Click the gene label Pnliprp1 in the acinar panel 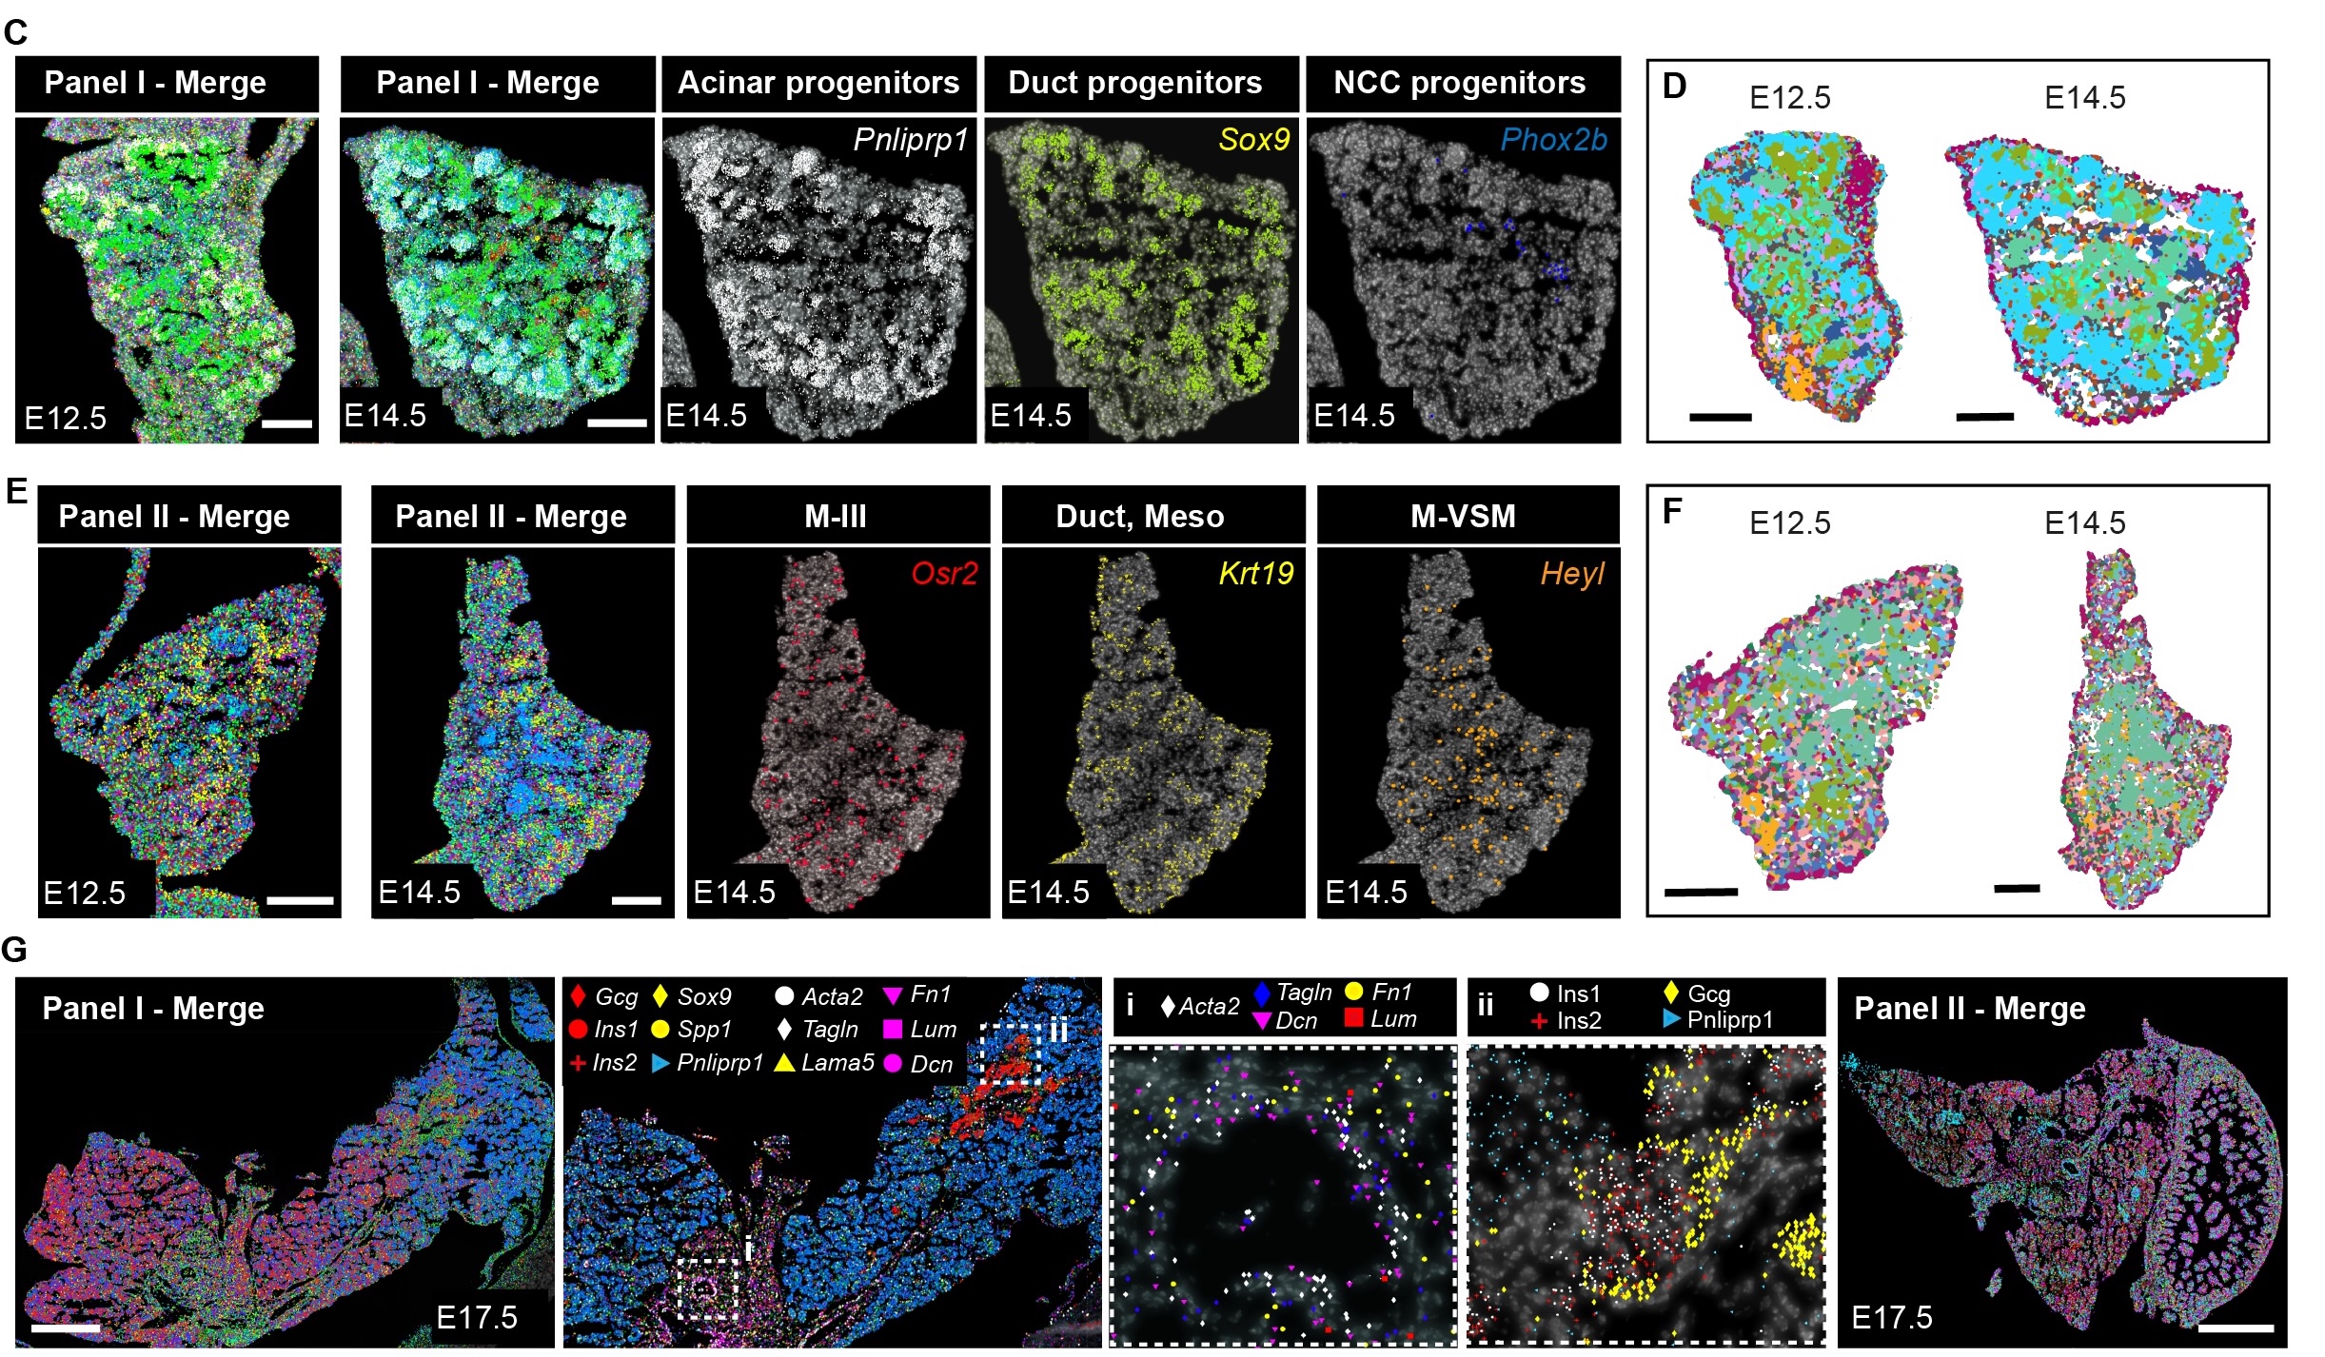coord(910,140)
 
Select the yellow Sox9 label coord(1253,140)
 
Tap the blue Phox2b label coord(1553,140)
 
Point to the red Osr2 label coord(943,574)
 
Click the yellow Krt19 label coord(1255,574)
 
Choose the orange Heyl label coord(1572,574)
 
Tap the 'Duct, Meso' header coord(1139,516)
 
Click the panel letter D coord(1674,87)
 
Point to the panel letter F coord(1672,511)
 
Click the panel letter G coord(14,949)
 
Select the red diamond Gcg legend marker coord(577,996)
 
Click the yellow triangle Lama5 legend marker coord(783,1062)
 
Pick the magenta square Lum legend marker coord(893,1029)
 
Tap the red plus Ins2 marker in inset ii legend coord(1539,1021)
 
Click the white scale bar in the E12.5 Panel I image coord(286,423)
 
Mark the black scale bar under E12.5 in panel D coord(1720,417)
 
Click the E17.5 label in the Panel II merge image coord(1891,1317)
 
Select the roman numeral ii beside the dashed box coord(1058,1029)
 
